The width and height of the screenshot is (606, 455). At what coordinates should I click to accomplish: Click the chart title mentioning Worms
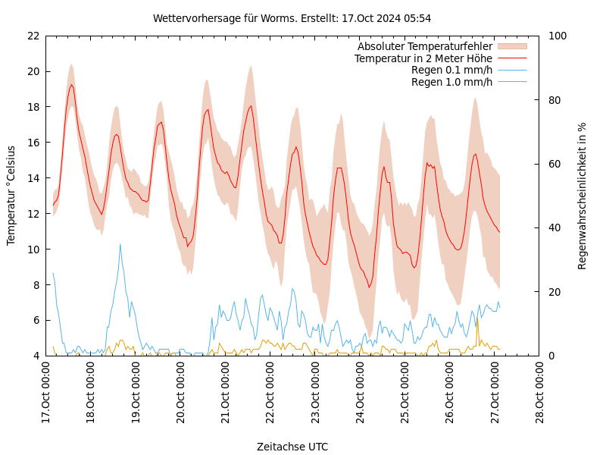click(292, 18)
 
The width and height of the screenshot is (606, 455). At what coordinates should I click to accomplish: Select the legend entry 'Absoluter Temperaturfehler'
click(424, 47)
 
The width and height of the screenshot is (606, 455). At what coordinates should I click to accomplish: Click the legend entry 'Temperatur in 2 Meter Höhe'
click(423, 58)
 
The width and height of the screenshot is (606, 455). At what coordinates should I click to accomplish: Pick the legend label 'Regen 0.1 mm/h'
click(451, 70)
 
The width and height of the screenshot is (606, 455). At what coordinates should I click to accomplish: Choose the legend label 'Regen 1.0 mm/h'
click(451, 82)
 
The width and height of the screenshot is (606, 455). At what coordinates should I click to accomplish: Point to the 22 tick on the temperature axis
click(33, 36)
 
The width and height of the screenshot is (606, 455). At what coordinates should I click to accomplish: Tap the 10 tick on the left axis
click(33, 249)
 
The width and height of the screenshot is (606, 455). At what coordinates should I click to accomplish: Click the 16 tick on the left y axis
click(33, 143)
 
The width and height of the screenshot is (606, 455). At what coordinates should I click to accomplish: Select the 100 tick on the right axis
click(555, 36)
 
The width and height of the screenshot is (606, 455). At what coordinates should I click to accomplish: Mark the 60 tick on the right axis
click(553, 164)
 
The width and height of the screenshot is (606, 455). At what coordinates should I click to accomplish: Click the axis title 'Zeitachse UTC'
click(292, 447)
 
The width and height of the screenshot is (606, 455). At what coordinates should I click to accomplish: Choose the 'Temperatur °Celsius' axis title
click(11, 196)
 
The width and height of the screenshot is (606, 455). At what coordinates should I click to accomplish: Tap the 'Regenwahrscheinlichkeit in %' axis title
click(583, 196)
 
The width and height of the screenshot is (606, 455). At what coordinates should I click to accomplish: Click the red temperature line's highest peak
click(72, 84)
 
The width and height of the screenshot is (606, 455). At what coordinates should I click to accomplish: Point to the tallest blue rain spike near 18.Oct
click(120, 244)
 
